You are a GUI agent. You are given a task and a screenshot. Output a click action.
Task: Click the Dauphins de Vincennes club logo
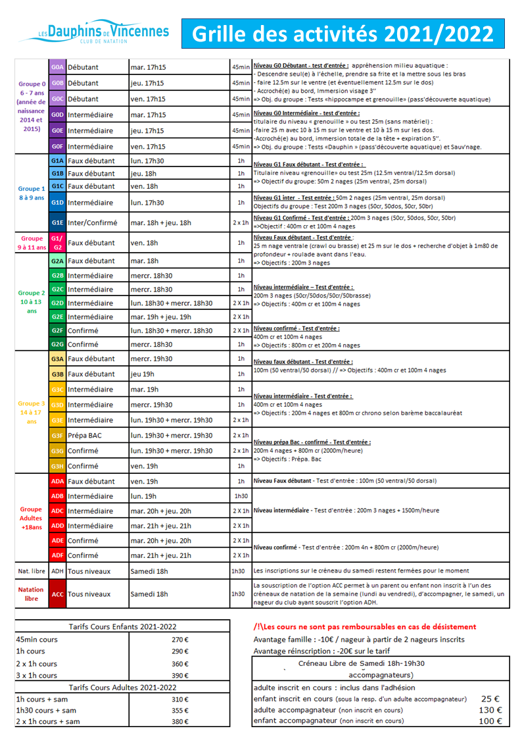coord(103,32)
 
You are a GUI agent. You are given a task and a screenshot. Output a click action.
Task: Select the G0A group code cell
coord(57,67)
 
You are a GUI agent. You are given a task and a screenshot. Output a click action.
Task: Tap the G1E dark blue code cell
coord(57,223)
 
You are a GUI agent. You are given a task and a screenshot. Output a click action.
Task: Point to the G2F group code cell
coord(57,330)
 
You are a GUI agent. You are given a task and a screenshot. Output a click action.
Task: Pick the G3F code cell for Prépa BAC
coord(57,435)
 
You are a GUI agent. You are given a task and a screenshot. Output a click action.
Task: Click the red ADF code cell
coord(57,555)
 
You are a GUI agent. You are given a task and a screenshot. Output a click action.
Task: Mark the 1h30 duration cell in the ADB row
coord(241,496)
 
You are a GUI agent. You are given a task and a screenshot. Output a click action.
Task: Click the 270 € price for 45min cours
coord(179,639)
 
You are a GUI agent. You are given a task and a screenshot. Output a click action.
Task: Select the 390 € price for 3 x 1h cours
coord(179,675)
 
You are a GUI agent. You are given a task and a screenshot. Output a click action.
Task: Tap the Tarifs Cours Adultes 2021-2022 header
coord(122,687)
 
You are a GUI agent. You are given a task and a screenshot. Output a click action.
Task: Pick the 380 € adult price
coord(179,721)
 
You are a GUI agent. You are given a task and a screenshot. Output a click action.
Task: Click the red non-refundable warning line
coord(364,626)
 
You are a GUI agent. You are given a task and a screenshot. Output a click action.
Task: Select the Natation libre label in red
coord(31,594)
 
